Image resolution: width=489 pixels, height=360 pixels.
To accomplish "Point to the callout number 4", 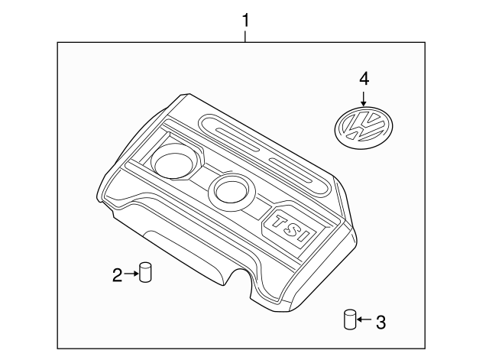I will [x=364, y=78].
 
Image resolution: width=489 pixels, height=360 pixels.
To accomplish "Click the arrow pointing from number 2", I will [x=131, y=274].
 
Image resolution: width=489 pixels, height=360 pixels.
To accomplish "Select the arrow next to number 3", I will [x=364, y=320].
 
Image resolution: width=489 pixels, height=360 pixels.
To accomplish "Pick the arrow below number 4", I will [x=364, y=97].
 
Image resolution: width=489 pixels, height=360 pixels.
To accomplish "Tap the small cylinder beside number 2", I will [x=144, y=271].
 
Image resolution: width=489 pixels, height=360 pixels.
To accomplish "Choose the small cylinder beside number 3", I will [x=350, y=319].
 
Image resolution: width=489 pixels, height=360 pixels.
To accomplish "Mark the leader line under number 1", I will [x=244, y=35].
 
